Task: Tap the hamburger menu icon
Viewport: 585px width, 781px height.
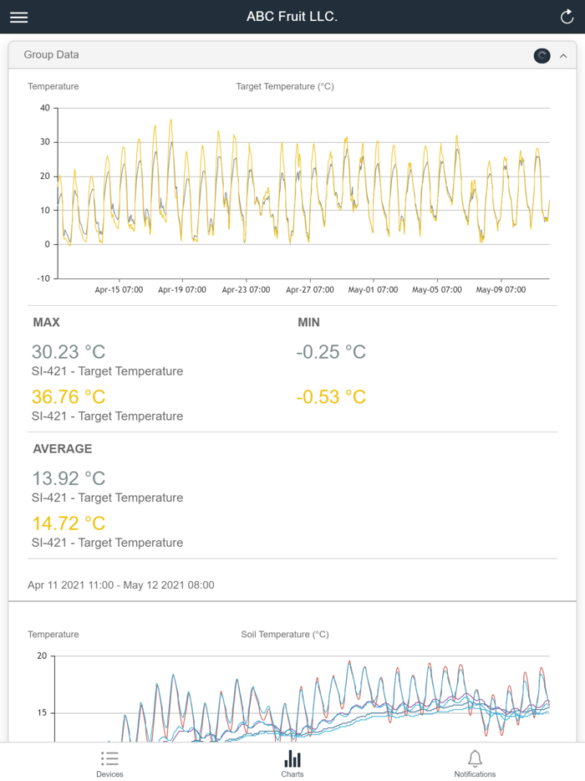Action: [18, 17]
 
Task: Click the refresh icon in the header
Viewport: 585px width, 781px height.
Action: [567, 17]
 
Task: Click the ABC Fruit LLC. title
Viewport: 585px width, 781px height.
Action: [292, 17]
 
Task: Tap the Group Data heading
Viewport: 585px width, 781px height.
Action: [52, 55]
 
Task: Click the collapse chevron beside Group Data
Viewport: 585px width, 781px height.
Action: [563, 56]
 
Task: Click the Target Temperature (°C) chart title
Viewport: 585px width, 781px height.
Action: [285, 86]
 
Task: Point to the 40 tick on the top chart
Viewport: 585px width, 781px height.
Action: [44, 108]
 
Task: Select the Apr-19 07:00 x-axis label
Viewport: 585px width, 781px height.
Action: [182, 290]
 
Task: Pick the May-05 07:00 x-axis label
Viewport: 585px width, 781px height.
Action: [437, 290]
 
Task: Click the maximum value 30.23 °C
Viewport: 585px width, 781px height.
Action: [69, 352]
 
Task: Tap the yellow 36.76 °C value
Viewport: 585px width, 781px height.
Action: [69, 397]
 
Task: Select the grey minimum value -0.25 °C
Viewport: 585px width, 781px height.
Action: [331, 352]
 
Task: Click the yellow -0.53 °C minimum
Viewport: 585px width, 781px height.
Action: [331, 397]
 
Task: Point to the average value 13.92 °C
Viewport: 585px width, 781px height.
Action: [69, 478]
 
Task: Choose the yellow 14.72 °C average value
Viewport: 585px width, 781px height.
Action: [69, 523]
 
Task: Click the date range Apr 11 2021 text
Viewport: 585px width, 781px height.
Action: [121, 585]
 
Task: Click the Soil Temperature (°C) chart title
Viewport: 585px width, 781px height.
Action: [285, 635]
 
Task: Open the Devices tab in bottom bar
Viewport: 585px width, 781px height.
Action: [109, 763]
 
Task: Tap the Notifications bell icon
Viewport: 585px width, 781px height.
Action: [475, 759]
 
